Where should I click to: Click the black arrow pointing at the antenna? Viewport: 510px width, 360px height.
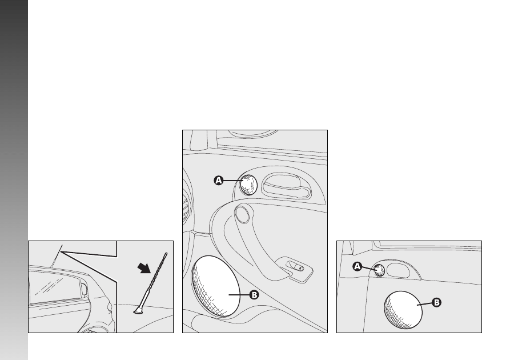pyautogui.click(x=144, y=268)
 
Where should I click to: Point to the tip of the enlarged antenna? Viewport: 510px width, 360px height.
pyautogui.click(x=166, y=254)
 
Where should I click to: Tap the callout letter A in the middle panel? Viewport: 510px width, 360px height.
pyautogui.click(x=219, y=181)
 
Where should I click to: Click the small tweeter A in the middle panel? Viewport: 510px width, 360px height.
pyautogui.click(x=248, y=185)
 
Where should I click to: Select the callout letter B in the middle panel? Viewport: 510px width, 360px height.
pyautogui.click(x=254, y=295)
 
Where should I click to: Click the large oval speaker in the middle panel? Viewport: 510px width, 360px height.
pyautogui.click(x=215, y=286)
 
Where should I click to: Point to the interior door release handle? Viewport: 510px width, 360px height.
pyautogui.click(x=286, y=186)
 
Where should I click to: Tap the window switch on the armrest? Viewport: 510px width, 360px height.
pyautogui.click(x=295, y=267)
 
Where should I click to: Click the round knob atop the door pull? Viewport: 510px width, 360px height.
pyautogui.click(x=242, y=214)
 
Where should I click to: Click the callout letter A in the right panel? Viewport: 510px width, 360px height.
pyautogui.click(x=357, y=267)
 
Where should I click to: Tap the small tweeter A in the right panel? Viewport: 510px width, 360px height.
pyautogui.click(x=379, y=270)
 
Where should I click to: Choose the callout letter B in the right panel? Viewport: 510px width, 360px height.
pyautogui.click(x=436, y=302)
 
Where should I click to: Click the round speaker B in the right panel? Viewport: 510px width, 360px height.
pyautogui.click(x=403, y=310)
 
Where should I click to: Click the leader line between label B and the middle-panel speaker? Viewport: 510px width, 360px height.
pyautogui.click(x=239, y=295)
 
